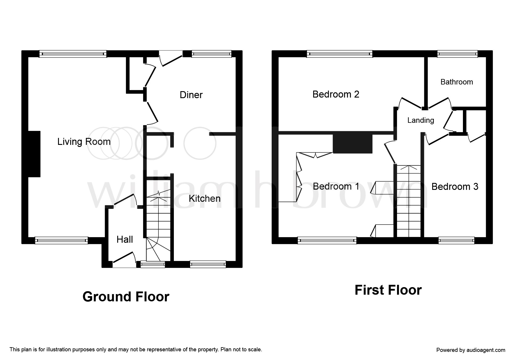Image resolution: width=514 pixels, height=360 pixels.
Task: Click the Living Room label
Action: point(84,142)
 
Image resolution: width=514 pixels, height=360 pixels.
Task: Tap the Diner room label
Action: point(191,95)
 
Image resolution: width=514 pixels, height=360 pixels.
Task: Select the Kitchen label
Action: point(205,199)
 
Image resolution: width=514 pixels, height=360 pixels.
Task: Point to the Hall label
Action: point(125,240)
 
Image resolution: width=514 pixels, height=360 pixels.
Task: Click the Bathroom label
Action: point(457,82)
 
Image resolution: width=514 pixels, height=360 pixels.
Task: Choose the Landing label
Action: point(421,120)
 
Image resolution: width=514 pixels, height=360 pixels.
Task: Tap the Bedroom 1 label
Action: point(336,186)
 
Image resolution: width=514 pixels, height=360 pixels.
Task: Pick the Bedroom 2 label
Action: point(336,94)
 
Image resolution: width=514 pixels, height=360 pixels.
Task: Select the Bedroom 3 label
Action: point(455,186)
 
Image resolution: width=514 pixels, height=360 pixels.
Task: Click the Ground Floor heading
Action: point(126,297)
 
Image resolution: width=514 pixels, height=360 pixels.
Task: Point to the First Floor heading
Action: point(388,290)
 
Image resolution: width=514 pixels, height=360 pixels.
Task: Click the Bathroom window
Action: point(457,54)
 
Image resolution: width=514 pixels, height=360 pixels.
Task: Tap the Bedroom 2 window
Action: point(340,54)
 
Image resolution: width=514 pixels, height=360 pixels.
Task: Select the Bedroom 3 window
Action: point(456,240)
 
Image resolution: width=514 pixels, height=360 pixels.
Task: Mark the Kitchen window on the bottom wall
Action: point(208,264)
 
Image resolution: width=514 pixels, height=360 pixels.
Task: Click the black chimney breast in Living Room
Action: point(34,154)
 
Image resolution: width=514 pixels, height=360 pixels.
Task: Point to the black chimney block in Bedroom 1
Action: point(352,144)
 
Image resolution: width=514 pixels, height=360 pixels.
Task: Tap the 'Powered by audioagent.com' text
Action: point(471,350)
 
